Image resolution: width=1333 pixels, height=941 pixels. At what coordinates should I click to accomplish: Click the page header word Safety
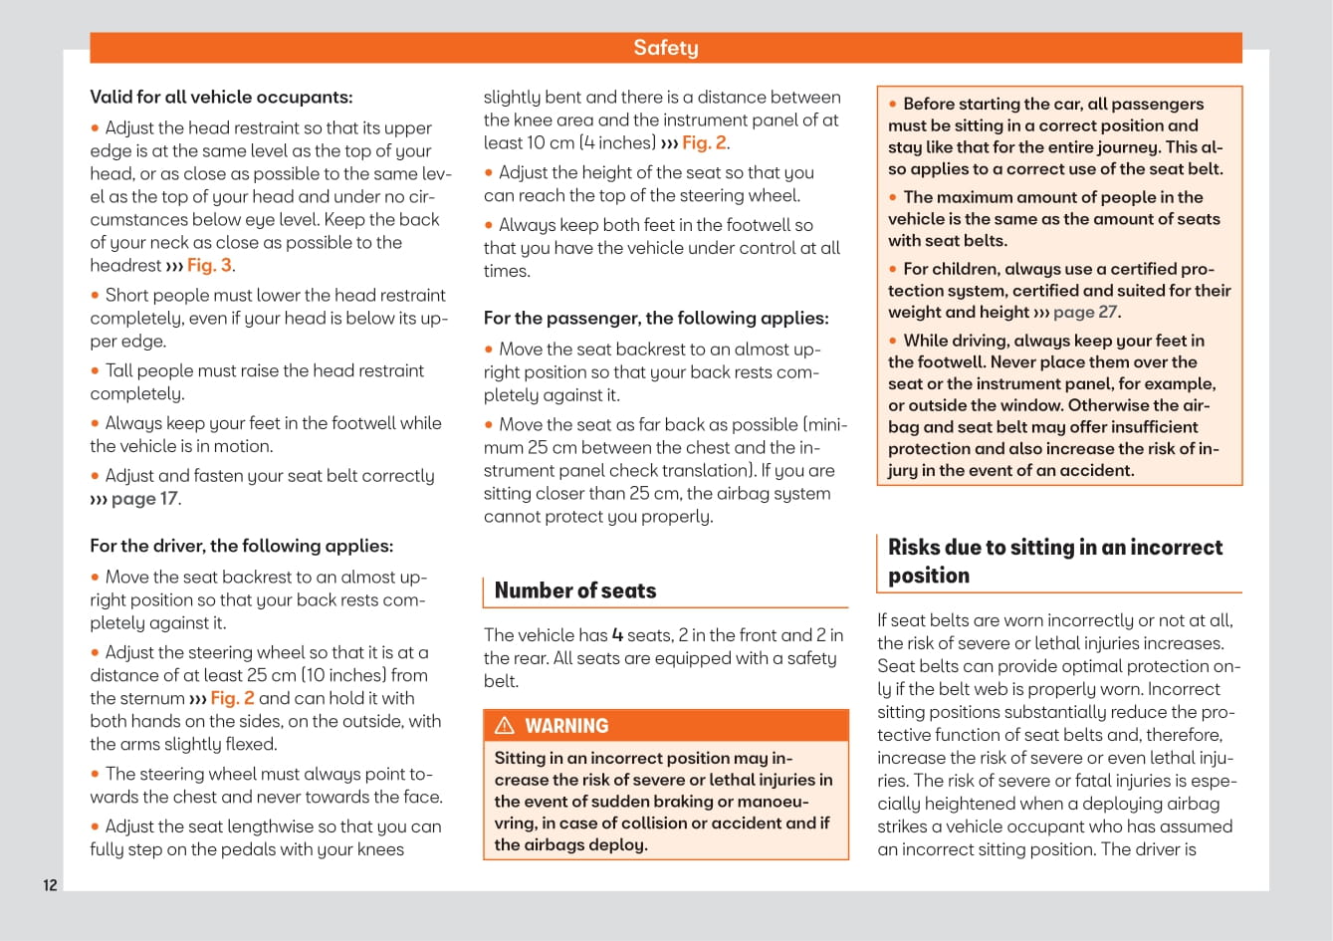tap(666, 48)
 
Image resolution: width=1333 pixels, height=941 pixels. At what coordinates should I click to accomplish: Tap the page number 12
tap(50, 885)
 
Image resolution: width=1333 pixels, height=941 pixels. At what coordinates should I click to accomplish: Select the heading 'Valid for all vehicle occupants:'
tap(221, 98)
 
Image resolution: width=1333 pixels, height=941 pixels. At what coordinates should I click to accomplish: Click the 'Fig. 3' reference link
tap(209, 266)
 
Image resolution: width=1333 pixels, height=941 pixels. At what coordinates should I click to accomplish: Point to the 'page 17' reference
tap(144, 499)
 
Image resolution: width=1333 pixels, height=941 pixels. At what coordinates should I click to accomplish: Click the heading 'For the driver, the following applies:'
tap(241, 546)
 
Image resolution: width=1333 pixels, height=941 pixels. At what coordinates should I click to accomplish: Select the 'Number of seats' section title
tap(575, 590)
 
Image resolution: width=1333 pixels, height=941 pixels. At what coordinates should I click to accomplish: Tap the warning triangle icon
tap(505, 726)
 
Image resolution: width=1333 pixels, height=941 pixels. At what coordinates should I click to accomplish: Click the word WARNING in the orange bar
tap(566, 726)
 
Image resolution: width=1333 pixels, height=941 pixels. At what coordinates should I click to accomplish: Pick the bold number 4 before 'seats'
tap(617, 635)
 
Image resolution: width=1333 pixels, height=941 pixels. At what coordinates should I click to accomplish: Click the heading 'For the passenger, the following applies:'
tap(656, 319)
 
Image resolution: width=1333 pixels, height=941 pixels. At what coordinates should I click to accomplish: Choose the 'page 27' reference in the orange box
tap(1085, 313)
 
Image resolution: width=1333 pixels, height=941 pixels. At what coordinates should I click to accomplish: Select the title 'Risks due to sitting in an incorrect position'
tap(1055, 561)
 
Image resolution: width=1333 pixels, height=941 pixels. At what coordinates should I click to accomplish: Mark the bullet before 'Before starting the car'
tap(893, 105)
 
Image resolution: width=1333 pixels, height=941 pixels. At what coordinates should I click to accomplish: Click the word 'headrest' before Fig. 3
tap(125, 266)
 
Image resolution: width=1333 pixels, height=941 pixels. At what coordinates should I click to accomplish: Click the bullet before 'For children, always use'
tap(893, 270)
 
